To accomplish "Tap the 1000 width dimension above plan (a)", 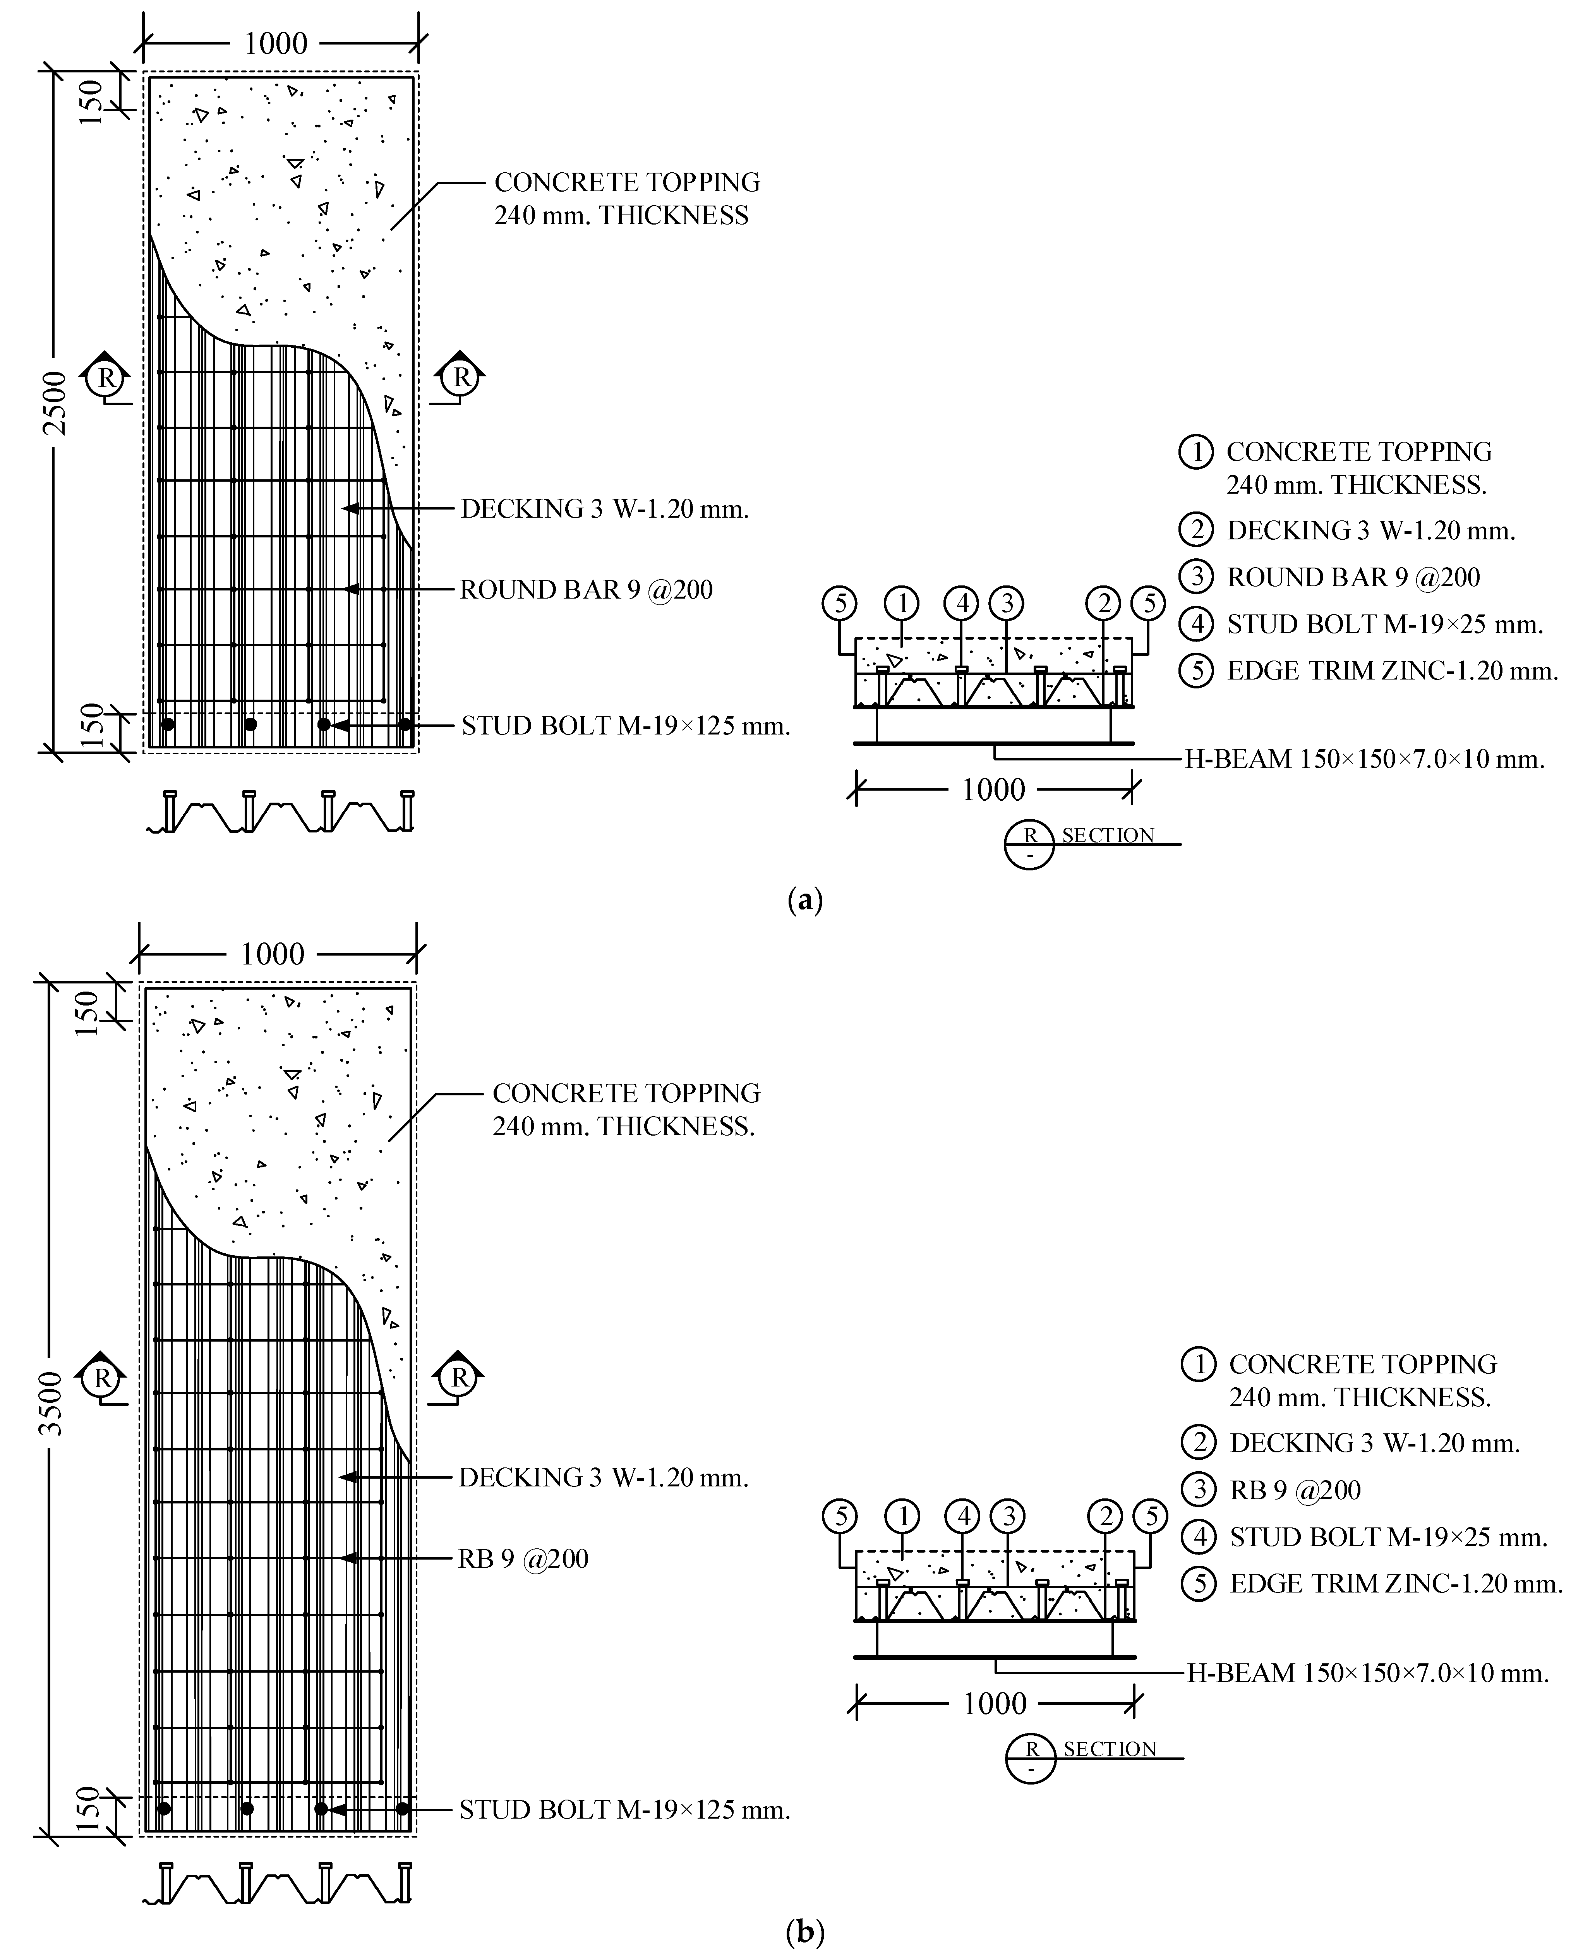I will tap(276, 43).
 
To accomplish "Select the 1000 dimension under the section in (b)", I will tap(995, 1703).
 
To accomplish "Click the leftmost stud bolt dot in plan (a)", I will tap(168, 724).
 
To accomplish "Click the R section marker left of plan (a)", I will tap(106, 377).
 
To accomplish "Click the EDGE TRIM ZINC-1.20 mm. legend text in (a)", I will tap(1392, 671).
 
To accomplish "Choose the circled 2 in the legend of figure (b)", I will tap(1199, 1442).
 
